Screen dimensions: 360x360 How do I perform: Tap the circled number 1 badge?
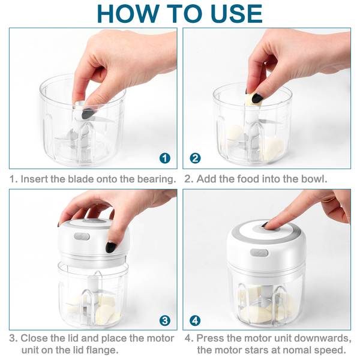(165, 158)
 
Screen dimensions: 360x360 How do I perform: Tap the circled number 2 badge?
(195, 158)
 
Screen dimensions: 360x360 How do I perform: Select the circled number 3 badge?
(165, 320)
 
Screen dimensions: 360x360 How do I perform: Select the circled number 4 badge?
(195, 320)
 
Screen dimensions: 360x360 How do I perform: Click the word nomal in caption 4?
(297, 350)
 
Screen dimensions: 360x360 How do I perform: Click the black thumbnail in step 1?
(88, 113)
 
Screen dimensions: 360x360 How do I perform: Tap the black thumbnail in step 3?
(111, 247)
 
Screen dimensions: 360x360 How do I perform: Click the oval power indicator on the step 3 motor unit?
(82, 236)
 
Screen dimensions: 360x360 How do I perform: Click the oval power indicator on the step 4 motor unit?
(259, 253)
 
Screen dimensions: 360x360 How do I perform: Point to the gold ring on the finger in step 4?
(328, 200)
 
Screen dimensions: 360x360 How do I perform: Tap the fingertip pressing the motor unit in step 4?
(268, 225)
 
